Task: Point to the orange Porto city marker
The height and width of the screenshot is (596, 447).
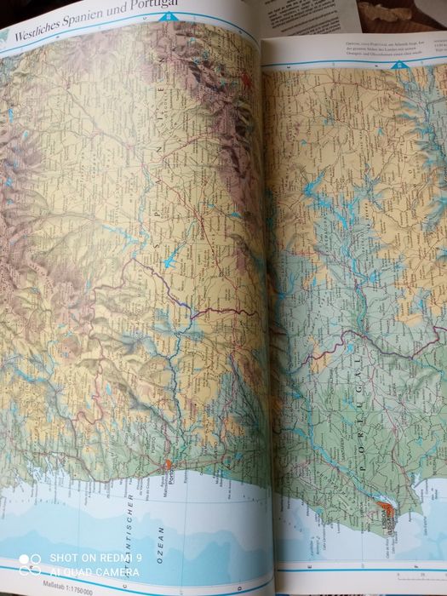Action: click(168, 466)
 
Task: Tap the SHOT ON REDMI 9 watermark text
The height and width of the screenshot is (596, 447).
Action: click(95, 558)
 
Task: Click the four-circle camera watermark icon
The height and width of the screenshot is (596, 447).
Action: click(29, 564)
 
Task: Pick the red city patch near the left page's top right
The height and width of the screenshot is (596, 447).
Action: click(245, 83)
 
